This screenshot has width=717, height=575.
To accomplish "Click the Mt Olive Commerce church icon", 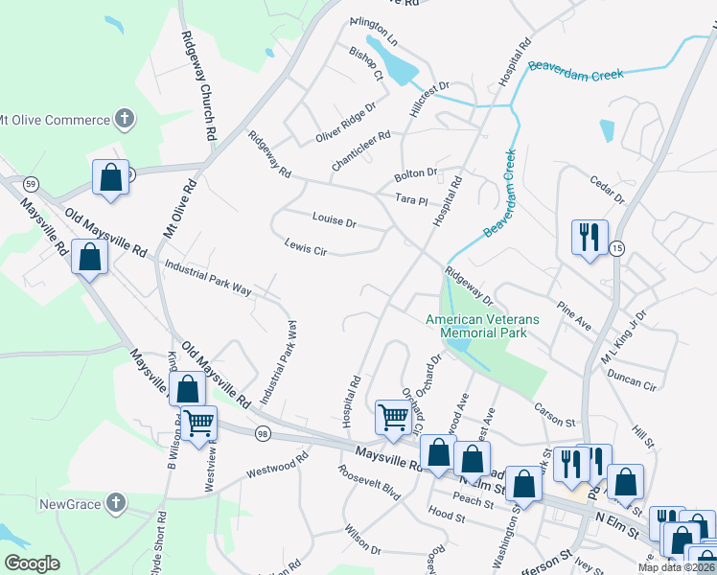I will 124,120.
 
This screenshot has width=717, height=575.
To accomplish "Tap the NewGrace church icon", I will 115,502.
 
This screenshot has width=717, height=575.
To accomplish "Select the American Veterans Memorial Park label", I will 483,326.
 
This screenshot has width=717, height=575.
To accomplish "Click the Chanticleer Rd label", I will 360,150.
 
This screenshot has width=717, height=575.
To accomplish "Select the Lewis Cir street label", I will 306,246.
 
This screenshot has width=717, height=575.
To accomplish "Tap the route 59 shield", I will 32,183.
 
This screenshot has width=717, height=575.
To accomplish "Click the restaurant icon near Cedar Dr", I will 586,237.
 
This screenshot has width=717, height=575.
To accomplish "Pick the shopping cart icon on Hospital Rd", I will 393,417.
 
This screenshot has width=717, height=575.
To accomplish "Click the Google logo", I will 32,563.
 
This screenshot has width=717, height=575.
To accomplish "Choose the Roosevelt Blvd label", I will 368,479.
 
